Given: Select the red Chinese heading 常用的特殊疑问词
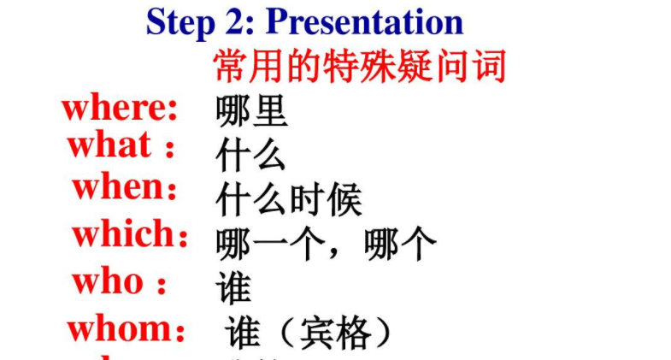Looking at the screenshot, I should [359, 66].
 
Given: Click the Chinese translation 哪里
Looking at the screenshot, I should [252, 111].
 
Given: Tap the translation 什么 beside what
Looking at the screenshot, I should [250, 156].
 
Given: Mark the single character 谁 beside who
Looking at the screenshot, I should [233, 289].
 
